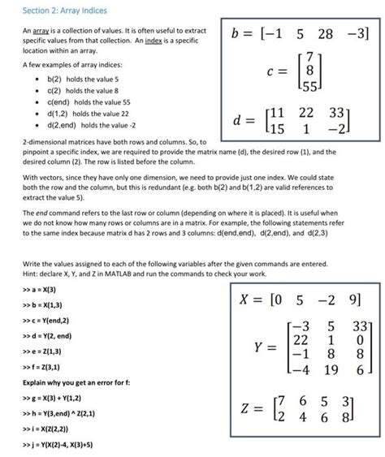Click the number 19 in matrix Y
coord(329,370)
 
